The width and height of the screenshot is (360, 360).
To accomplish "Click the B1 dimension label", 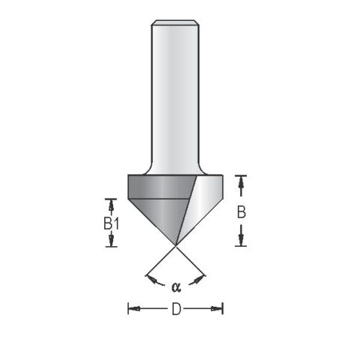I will [x=111, y=223].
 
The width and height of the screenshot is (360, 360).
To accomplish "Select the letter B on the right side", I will [x=241, y=212].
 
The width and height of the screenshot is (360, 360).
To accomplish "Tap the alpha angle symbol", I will [x=176, y=286].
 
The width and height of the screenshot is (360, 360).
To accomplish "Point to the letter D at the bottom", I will [x=176, y=308].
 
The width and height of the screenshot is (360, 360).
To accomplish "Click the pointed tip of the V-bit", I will [x=175, y=244].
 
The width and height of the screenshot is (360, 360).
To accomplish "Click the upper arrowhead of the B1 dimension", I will [x=111, y=202].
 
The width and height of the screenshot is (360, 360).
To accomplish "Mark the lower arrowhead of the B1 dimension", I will [x=111, y=241].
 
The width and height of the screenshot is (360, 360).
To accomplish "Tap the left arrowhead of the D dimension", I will [x=132, y=308].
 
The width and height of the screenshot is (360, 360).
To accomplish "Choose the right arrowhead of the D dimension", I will [x=220, y=308].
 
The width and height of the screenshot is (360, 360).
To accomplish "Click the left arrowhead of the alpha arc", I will [x=153, y=280].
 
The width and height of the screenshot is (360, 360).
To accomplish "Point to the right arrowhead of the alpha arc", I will [x=200, y=280].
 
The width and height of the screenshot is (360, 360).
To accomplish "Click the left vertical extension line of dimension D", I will [x=128, y=308].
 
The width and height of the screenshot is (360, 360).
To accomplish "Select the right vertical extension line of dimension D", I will [x=223, y=308].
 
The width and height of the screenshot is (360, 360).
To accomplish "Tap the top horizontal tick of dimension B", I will [x=241, y=175].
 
